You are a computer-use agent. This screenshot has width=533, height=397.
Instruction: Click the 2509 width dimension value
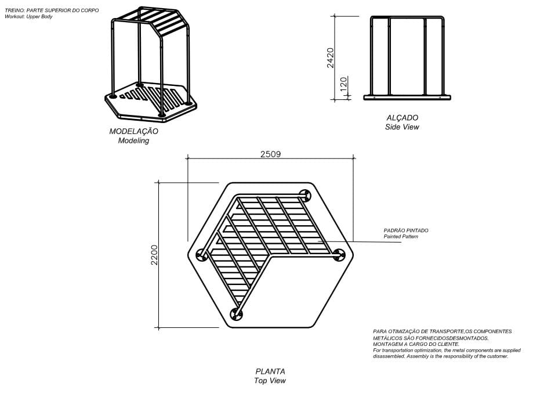pyautogui.click(x=271, y=154)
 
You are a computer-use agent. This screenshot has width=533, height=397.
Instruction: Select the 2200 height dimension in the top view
pyautogui.click(x=154, y=255)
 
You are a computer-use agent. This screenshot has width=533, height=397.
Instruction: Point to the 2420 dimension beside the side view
pyautogui.click(x=331, y=58)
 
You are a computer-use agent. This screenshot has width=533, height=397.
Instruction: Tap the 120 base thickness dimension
pyautogui.click(x=344, y=84)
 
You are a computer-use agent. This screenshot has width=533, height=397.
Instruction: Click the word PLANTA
pyautogui.click(x=270, y=371)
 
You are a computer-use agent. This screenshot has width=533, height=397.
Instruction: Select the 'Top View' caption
pyautogui.click(x=270, y=381)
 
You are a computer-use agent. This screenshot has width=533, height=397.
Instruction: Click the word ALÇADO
pyautogui.click(x=403, y=118)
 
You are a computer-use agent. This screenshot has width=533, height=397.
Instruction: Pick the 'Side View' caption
pyautogui.click(x=402, y=127)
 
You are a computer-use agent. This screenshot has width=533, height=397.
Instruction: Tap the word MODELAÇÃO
pyautogui.click(x=133, y=131)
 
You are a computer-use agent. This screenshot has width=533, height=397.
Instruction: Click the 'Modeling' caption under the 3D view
pyautogui.click(x=133, y=140)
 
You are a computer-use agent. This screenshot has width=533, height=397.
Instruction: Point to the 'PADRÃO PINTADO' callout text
pyautogui.click(x=406, y=230)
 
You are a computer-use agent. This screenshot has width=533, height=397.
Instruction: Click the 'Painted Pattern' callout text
pyautogui.click(x=401, y=236)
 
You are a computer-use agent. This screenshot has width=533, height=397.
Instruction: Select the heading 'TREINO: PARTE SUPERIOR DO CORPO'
pyautogui.click(x=52, y=10)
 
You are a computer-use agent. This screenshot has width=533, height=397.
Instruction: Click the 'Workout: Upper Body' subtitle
pyautogui.click(x=28, y=16)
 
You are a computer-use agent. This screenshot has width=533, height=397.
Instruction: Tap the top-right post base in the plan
pyautogui.click(x=305, y=196)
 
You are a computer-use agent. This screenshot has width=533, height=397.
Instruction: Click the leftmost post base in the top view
pyautogui.click(x=202, y=254)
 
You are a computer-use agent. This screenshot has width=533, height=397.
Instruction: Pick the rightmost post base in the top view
pyautogui.click(x=339, y=255)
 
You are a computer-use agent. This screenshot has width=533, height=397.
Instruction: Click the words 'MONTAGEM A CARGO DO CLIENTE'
pyautogui.click(x=416, y=344)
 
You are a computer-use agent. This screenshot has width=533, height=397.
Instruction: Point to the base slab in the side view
pyautogui.click(x=407, y=98)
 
